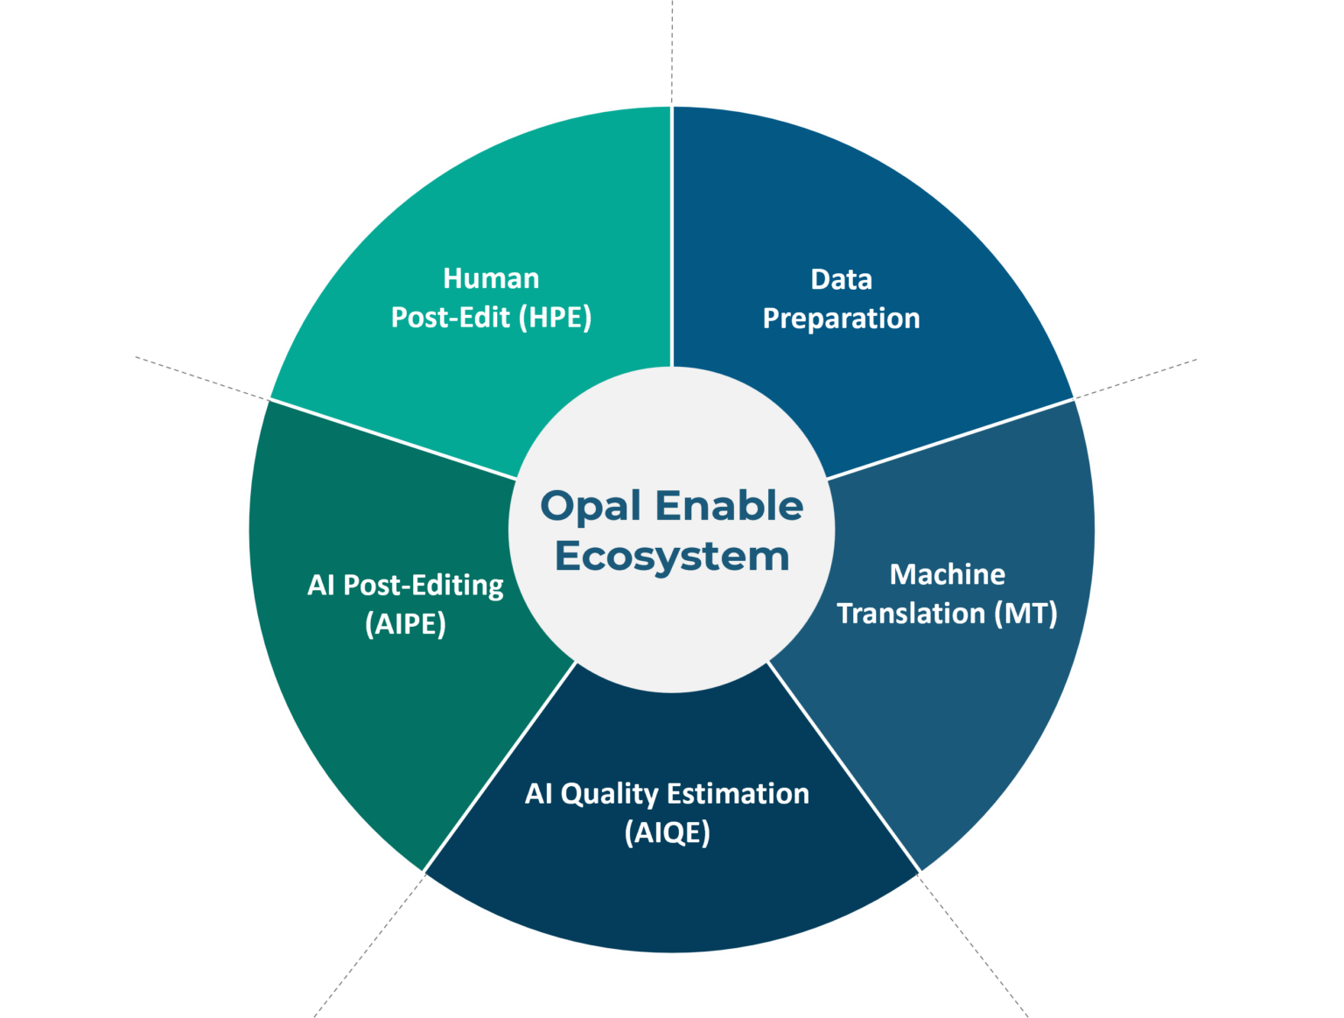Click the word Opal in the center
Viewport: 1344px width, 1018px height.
[591, 507]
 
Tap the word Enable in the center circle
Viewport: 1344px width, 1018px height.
[729, 506]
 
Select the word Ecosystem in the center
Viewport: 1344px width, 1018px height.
[671, 557]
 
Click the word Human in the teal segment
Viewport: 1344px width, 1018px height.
[491, 278]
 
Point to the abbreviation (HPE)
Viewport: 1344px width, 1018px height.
[555, 317]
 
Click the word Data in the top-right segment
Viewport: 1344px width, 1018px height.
[841, 279]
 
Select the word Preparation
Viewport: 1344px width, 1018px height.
[841, 319]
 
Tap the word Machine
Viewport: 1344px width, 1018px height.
[947, 574]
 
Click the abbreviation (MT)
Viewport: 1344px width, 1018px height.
[1025, 613]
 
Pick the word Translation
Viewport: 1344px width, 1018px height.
[911, 613]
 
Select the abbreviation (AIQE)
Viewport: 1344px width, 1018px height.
[667, 832]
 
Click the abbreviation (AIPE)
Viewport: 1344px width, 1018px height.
[405, 624]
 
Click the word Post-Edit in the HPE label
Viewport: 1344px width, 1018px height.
[450, 317]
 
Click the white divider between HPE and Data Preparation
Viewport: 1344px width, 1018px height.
[672, 236]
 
